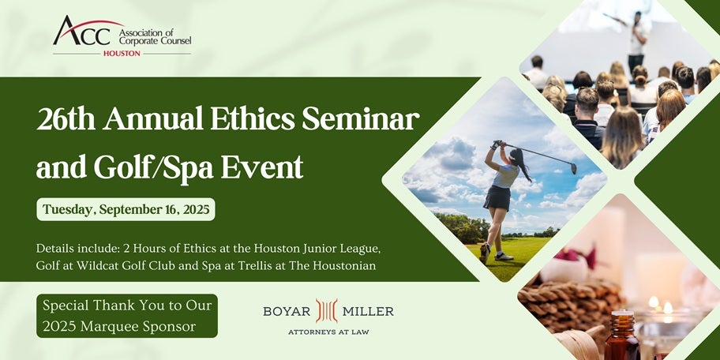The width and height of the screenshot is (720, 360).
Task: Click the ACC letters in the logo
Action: coord(83,32)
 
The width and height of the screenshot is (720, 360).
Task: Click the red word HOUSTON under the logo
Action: coord(122,53)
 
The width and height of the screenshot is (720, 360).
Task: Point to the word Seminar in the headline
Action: coord(361,120)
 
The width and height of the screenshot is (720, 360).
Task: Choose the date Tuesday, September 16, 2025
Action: coord(126,209)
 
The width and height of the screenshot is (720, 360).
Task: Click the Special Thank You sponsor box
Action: coord(127,316)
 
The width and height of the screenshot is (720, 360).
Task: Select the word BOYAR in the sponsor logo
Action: coord(287,311)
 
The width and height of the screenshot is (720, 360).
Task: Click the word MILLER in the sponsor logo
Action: coord(368,311)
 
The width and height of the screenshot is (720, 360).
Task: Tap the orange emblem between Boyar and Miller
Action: coord(327,311)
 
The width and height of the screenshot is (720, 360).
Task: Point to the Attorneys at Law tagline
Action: coord(328,332)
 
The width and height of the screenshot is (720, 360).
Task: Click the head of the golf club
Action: coord(573,168)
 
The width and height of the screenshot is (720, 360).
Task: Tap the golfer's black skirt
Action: coord(497,198)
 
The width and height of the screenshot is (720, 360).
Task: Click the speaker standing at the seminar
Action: coord(636,40)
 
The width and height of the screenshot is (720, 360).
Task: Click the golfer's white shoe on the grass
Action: coord(504,257)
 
